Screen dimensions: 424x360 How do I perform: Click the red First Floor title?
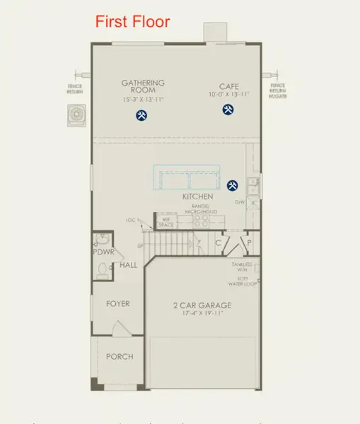pos(133,22)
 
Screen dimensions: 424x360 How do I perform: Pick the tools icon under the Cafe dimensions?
pos(228,110)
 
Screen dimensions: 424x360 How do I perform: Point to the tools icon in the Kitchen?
pos(232,186)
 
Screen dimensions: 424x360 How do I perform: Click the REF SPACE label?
pos(166,222)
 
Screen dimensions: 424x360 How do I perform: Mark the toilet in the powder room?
pos(103,269)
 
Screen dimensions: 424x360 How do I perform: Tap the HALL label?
pos(128,265)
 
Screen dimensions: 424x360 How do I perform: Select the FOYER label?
pos(117,304)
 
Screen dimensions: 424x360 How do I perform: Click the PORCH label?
pos(120,356)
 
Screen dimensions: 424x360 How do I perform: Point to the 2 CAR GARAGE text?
pos(202,306)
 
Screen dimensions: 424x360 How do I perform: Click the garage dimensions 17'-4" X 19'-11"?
pos(202,314)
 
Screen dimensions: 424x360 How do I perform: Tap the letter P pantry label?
pos(249,243)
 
